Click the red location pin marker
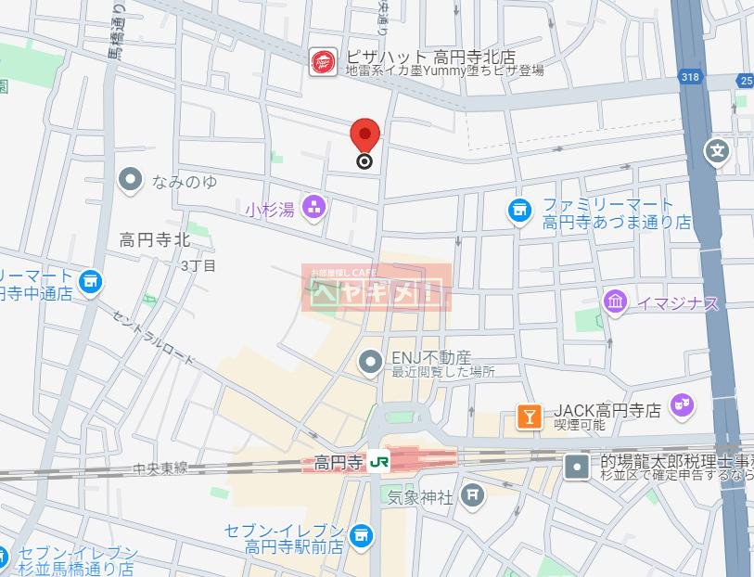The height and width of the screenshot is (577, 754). click(x=364, y=138)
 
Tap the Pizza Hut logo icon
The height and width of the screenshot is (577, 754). click(x=323, y=62)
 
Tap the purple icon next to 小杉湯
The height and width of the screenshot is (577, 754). click(x=315, y=208)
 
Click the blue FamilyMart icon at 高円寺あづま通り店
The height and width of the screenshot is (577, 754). click(x=519, y=211)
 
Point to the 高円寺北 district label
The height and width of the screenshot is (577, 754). click(x=154, y=240)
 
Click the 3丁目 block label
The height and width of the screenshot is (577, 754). click(x=198, y=266)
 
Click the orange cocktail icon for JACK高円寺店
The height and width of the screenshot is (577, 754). click(x=529, y=417)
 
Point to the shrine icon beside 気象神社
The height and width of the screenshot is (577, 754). click(x=474, y=494)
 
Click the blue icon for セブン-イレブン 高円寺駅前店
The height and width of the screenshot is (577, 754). click(x=360, y=533)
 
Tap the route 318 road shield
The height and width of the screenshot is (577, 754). click(x=688, y=78)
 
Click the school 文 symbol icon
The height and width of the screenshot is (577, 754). click(x=717, y=150)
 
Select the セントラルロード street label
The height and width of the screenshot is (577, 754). click(x=153, y=336)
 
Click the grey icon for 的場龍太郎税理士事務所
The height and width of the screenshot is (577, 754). click(x=577, y=466)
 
